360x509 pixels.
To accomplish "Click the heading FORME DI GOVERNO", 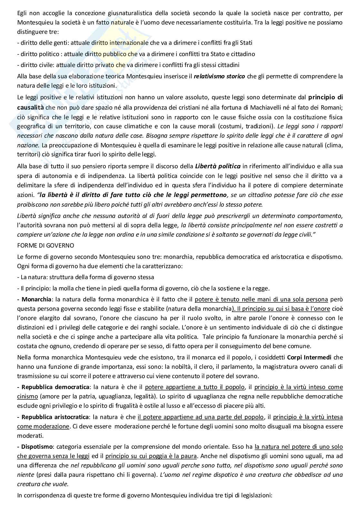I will point(45,245).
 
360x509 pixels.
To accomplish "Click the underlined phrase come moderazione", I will point(43,426).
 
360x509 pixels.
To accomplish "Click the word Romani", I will point(332,107).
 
